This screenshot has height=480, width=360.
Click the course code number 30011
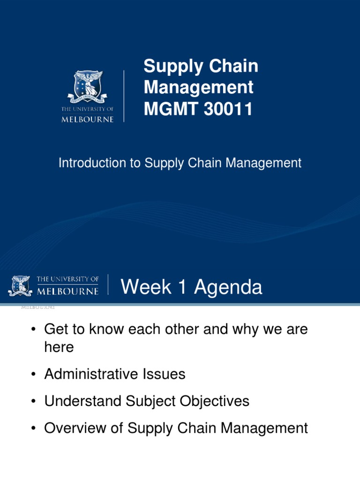pos(228,109)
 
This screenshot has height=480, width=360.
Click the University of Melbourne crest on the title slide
pos(88,87)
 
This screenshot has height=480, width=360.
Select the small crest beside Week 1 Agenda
pos(20,285)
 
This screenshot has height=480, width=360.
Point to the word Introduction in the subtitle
pos(92,163)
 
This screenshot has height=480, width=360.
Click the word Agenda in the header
pos(228,288)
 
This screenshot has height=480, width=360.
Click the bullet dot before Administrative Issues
pos(33,375)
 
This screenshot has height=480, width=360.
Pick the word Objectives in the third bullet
pos(214,401)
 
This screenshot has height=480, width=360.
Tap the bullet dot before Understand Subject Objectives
pos(33,401)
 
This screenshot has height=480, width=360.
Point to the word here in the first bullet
pos(59,347)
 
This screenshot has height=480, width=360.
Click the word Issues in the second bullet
pos(164,374)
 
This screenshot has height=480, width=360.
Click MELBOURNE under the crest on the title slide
pos(88,119)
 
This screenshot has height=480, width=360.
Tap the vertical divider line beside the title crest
pos(124,96)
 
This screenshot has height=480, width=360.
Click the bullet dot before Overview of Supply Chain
pos(33,428)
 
